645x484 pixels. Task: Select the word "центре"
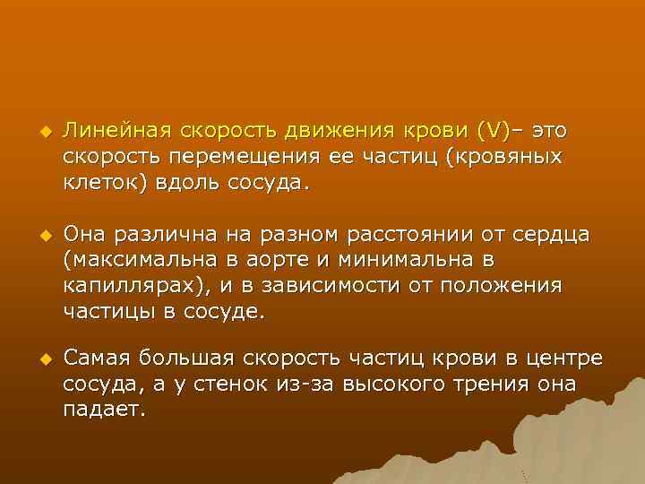pos(567,359)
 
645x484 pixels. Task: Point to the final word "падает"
pos(101,410)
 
